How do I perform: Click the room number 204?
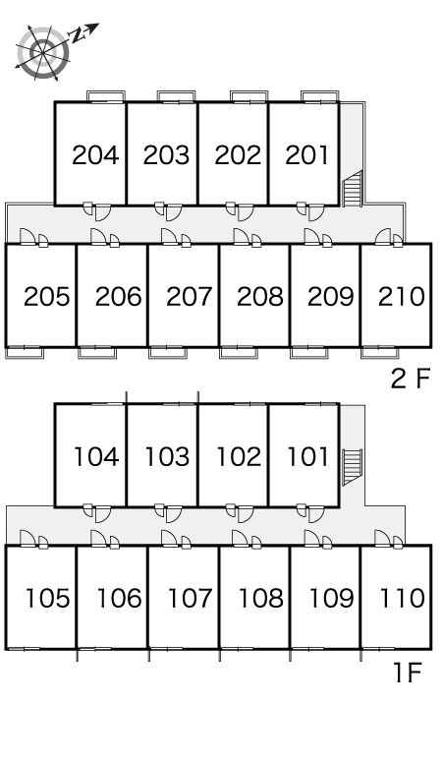click(95, 155)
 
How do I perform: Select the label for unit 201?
click(307, 155)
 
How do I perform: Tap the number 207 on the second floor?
click(189, 297)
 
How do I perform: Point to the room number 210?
click(402, 297)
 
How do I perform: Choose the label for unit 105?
click(47, 598)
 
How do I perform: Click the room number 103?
click(167, 456)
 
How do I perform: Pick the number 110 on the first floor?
click(403, 598)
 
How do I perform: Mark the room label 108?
click(260, 598)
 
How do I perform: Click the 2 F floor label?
click(411, 379)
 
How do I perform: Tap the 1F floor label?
click(407, 673)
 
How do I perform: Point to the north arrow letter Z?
click(78, 35)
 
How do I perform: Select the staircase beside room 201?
click(353, 189)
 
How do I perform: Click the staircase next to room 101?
click(353, 467)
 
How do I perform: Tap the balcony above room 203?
click(176, 96)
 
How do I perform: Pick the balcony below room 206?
click(97, 352)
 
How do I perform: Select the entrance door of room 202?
click(246, 213)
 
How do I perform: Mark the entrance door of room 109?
click(311, 538)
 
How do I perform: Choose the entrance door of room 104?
click(103, 514)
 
